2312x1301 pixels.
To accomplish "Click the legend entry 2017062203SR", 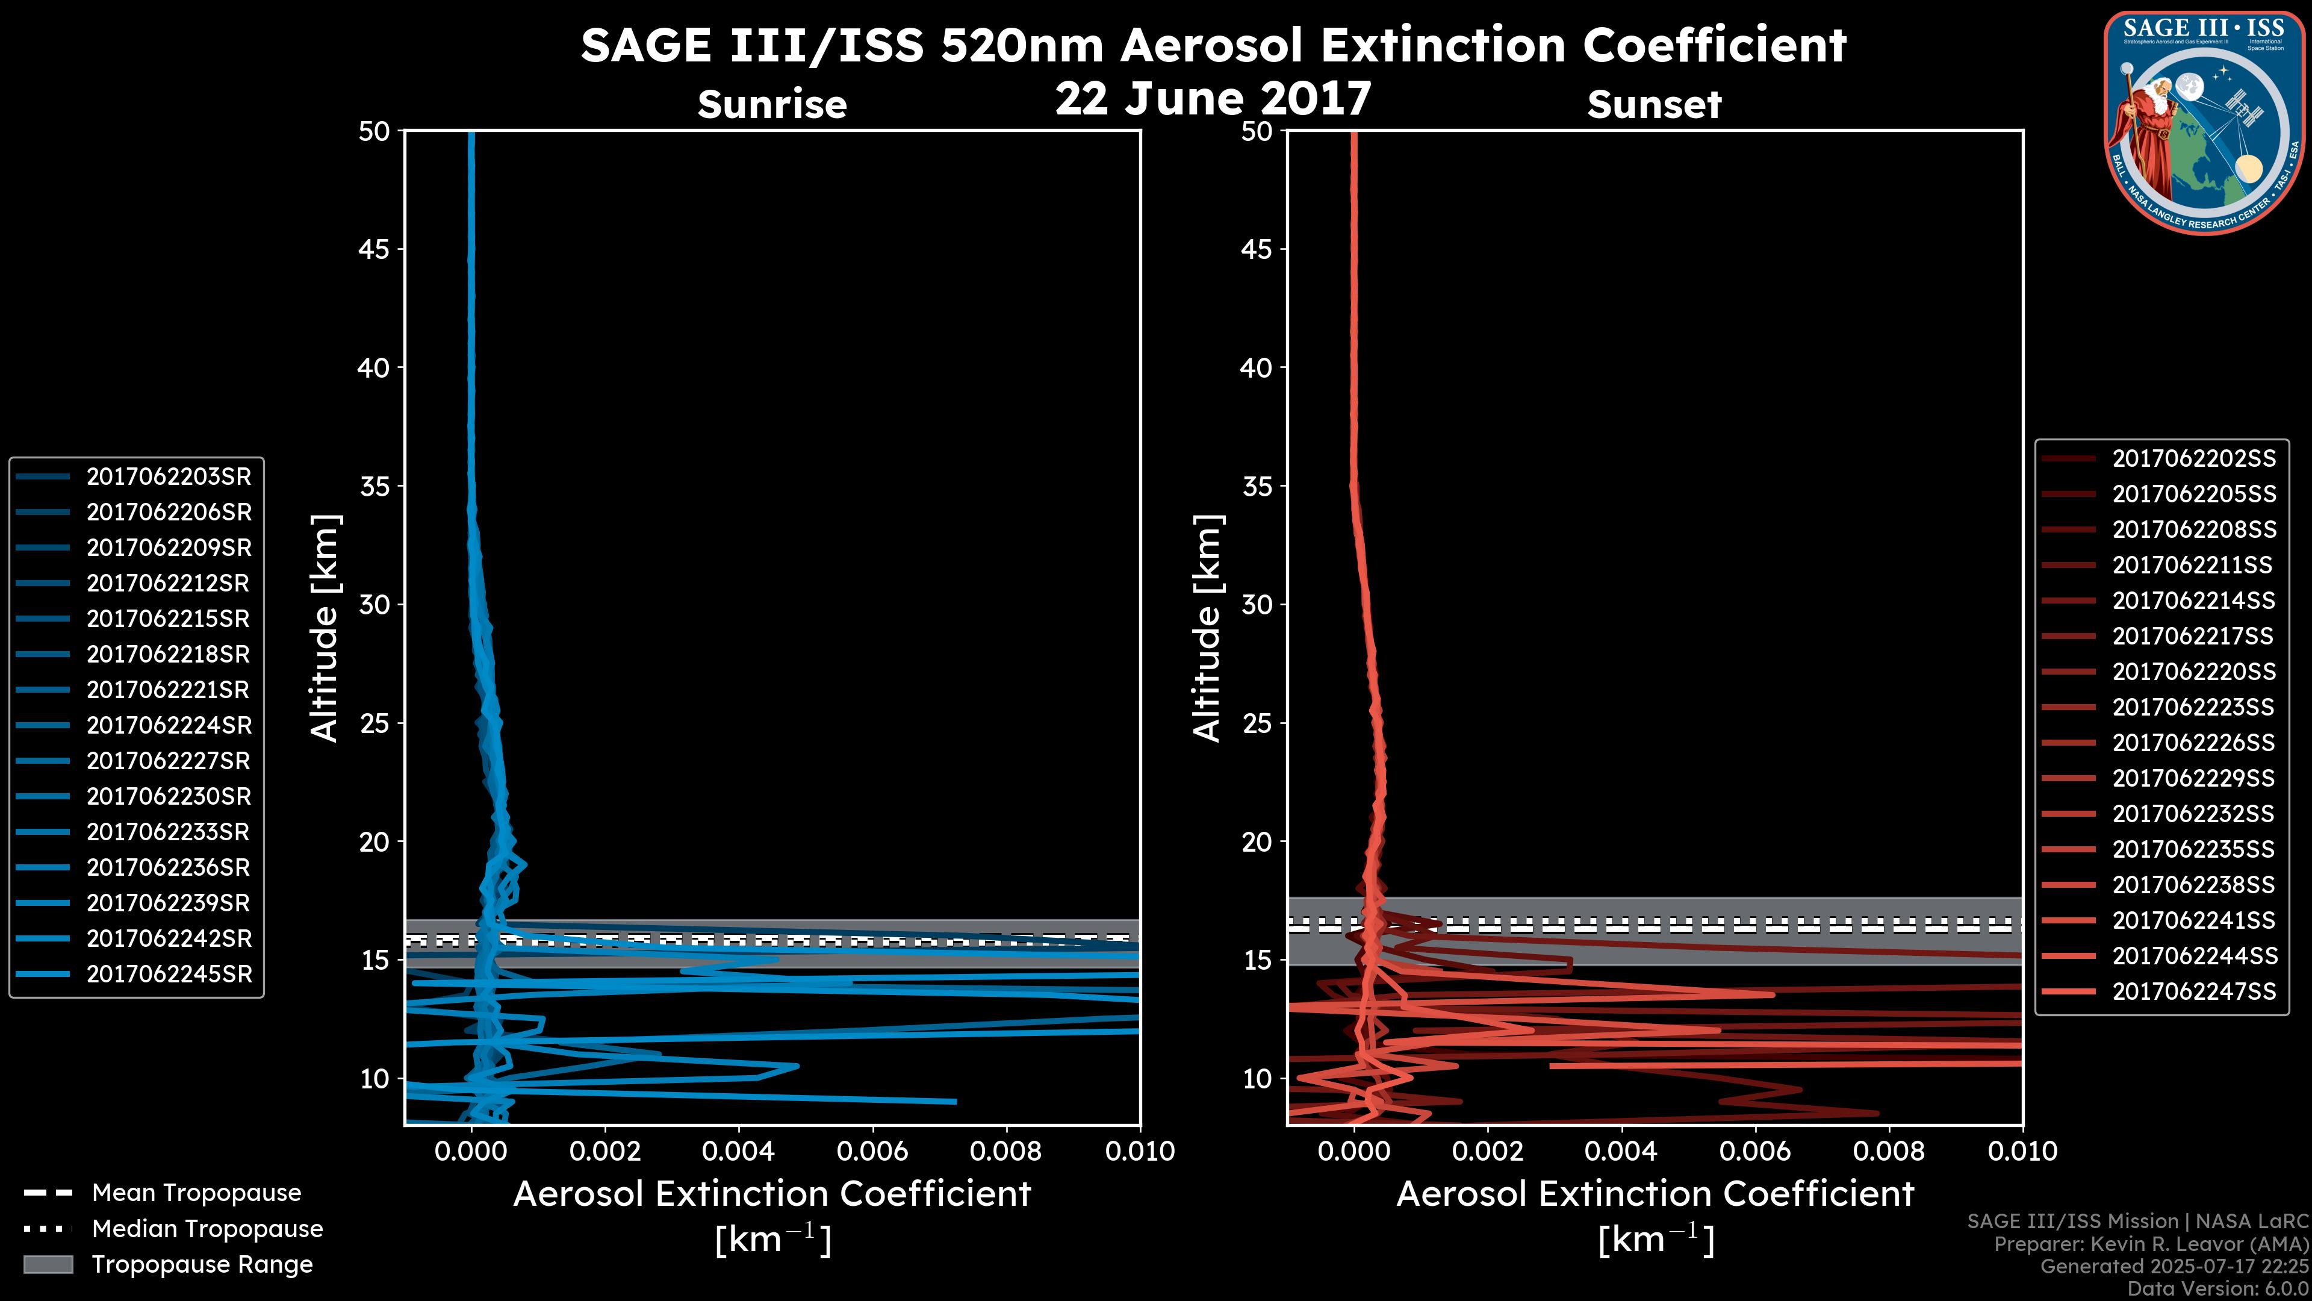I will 169,477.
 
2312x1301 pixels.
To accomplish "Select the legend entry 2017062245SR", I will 169,974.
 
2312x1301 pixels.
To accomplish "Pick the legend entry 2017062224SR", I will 169,725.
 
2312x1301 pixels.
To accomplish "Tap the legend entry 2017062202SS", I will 2193,459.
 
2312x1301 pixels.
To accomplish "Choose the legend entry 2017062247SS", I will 2193,991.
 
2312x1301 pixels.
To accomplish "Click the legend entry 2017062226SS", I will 2193,743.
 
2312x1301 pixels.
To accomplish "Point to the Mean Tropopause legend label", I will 196,1193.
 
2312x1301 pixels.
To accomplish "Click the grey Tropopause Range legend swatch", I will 48,1264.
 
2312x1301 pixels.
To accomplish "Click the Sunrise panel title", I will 772,105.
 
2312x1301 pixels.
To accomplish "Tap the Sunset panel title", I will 1654,105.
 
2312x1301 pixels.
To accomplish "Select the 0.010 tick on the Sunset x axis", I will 2022,1151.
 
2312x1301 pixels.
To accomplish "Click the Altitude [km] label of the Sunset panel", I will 1207,628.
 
